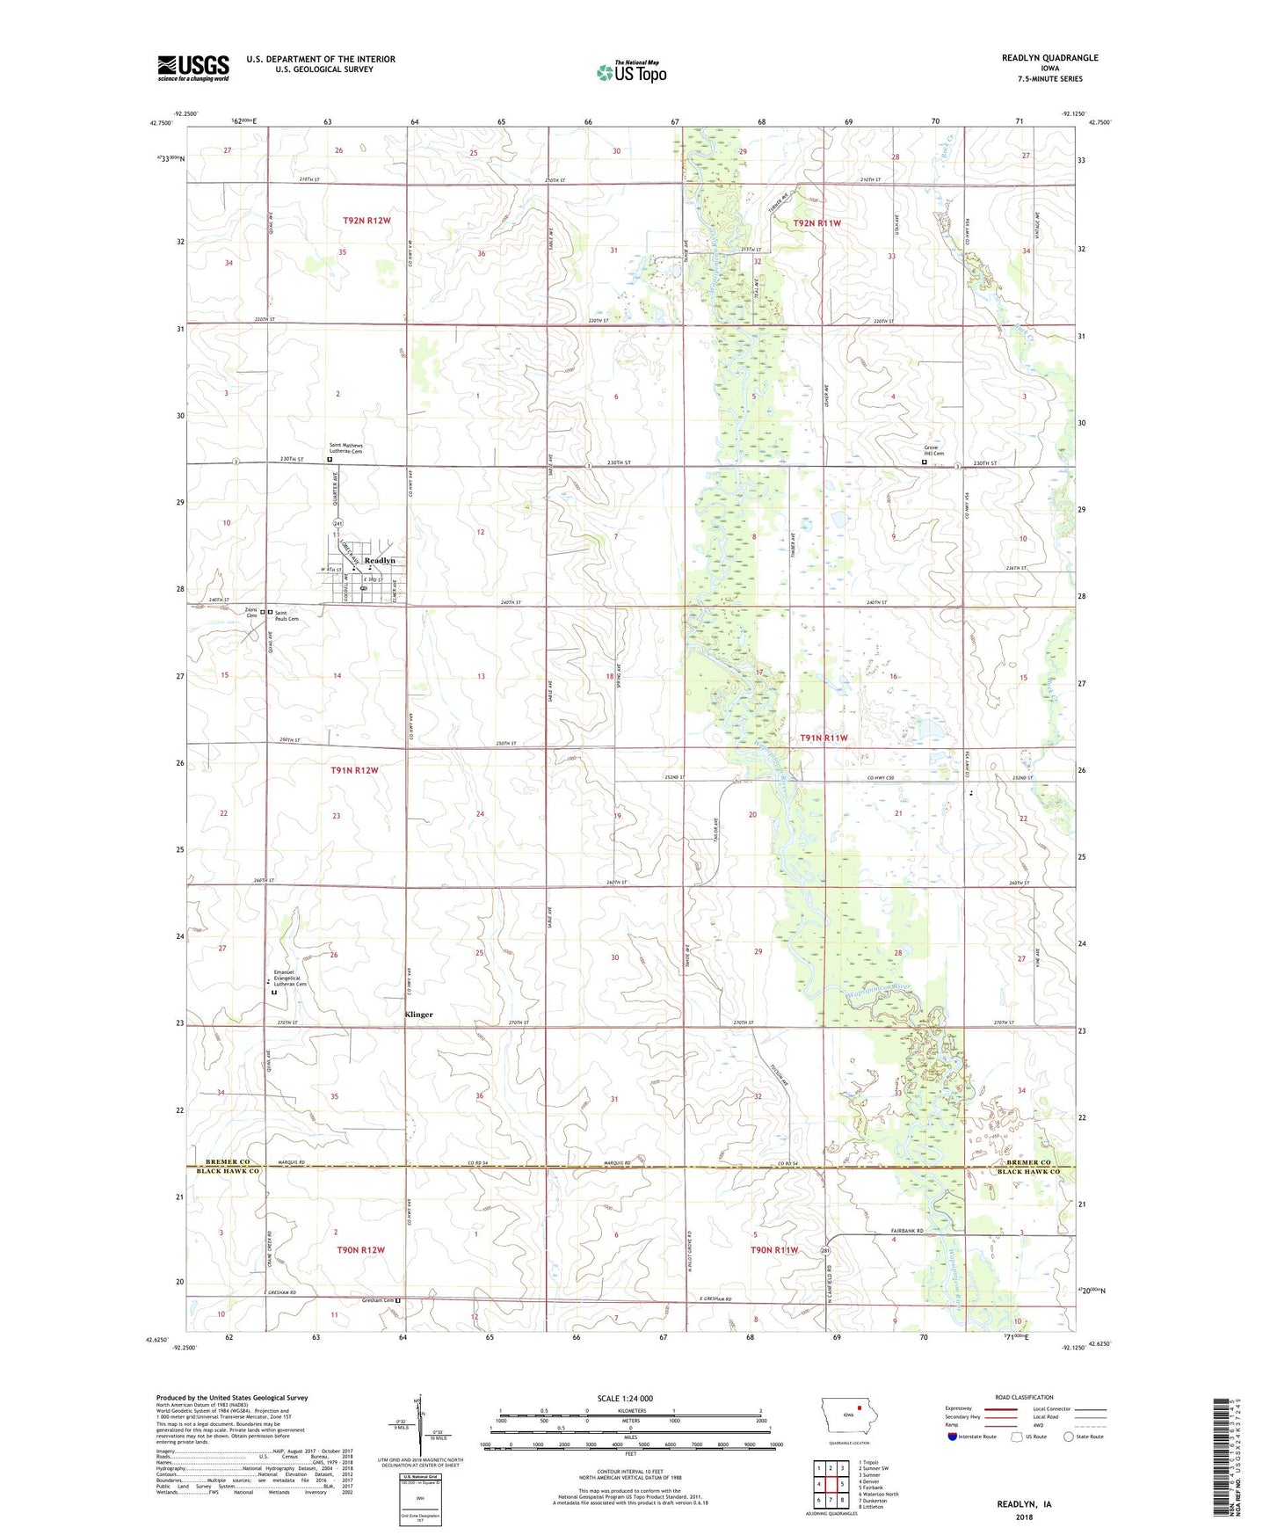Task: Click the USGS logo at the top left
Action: tap(193, 68)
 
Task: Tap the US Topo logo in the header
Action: tap(630, 71)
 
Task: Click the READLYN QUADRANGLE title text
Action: tap(1049, 58)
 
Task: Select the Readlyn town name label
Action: tap(380, 560)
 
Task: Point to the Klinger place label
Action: tap(418, 1015)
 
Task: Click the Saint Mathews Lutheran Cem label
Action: tap(345, 448)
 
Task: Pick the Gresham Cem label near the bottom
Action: tap(377, 1300)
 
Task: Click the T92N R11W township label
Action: tap(816, 223)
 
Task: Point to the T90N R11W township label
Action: tap(774, 1249)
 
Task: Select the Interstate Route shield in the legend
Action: tap(954, 1437)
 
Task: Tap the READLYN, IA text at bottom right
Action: tap(1024, 1503)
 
